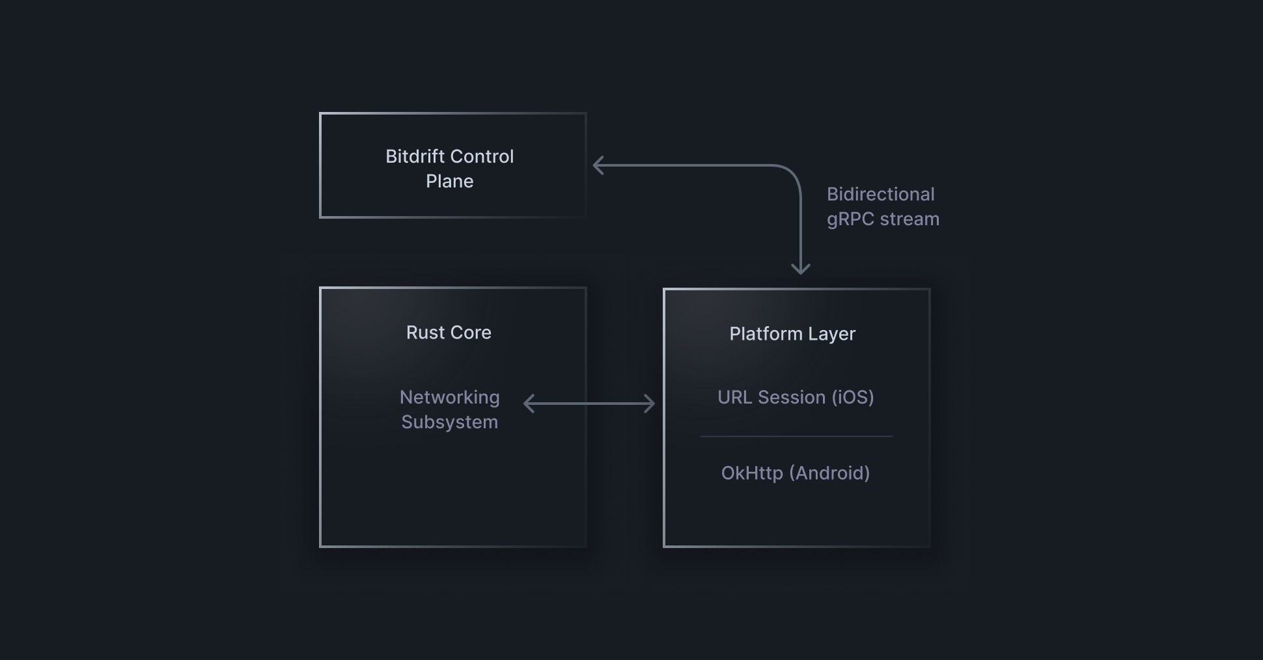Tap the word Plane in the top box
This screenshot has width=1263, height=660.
click(449, 182)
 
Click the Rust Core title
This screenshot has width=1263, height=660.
click(449, 333)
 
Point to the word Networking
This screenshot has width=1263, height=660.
click(449, 398)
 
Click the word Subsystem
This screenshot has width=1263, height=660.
click(449, 422)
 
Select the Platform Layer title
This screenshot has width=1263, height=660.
click(792, 334)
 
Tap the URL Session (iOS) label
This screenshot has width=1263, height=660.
click(795, 398)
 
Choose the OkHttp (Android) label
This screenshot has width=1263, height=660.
click(795, 473)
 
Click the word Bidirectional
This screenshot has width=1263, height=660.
click(880, 195)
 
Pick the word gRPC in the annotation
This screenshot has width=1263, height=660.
click(850, 219)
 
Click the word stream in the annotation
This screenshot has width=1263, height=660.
click(909, 219)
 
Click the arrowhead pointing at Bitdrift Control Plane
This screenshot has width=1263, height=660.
click(598, 165)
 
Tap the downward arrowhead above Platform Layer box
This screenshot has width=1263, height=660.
click(800, 269)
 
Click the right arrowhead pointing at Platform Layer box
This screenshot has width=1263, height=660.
click(650, 404)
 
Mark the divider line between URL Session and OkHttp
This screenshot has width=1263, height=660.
click(796, 436)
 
